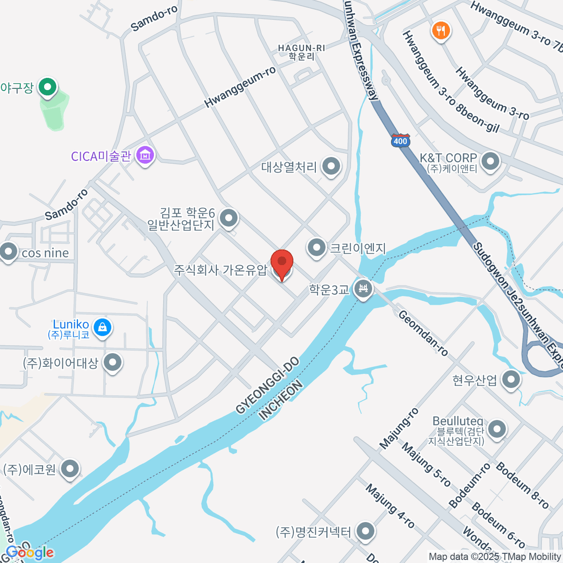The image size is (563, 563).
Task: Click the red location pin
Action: click(x=282, y=263)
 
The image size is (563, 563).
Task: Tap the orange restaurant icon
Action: click(x=440, y=31)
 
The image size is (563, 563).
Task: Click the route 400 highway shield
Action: click(x=400, y=140)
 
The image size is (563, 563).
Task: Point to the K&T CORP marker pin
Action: click(x=491, y=161)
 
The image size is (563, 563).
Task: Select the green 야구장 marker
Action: click(x=47, y=87)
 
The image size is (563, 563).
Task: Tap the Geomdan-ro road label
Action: click(x=423, y=333)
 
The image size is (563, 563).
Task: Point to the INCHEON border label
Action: click(x=281, y=401)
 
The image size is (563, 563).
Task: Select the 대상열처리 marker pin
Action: click(x=332, y=166)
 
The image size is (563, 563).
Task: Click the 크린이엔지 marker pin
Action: click(x=317, y=247)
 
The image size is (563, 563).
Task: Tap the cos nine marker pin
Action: click(x=8, y=251)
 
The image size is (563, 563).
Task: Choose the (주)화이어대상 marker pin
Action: click(x=112, y=362)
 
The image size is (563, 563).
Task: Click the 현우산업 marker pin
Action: click(x=511, y=379)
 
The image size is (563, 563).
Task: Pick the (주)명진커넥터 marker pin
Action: click(x=365, y=532)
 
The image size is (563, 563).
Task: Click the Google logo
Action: click(x=29, y=553)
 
